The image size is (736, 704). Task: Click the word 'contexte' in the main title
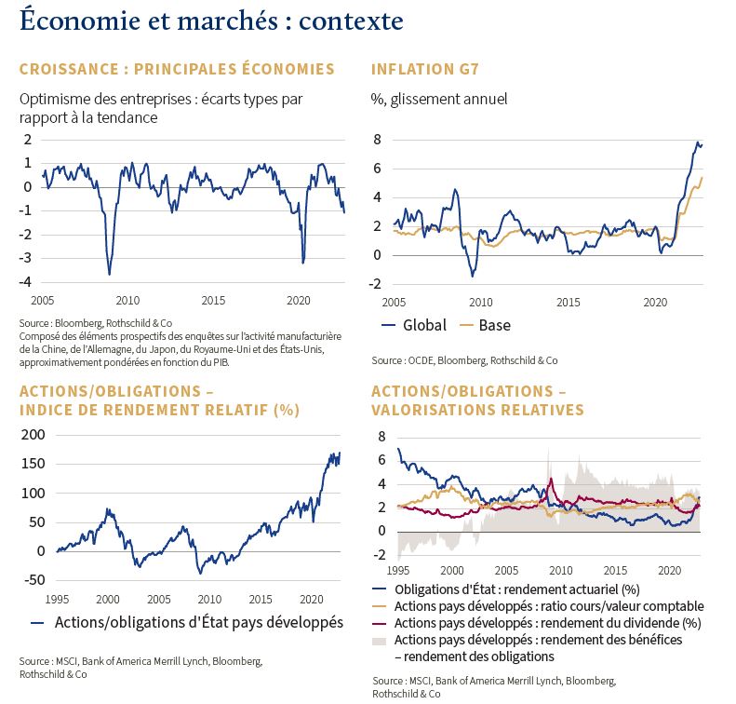coord(351,20)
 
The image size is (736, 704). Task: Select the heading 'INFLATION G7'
coord(425,70)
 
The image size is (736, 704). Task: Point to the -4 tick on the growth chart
coord(25,282)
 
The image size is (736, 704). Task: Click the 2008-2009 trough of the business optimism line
coord(110,275)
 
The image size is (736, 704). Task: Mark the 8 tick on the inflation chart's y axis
coord(378,140)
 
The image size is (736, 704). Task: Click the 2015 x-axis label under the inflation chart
coord(568,302)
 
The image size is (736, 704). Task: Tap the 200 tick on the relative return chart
coord(33,435)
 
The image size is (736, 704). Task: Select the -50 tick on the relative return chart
coord(34,580)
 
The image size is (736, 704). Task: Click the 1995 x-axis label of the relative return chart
coord(57,600)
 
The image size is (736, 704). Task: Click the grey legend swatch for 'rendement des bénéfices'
coord(379,641)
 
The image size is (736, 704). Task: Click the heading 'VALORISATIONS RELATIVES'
coord(478,410)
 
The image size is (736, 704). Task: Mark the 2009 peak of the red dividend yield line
coord(552,479)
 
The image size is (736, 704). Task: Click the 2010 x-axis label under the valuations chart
coord(560,571)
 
